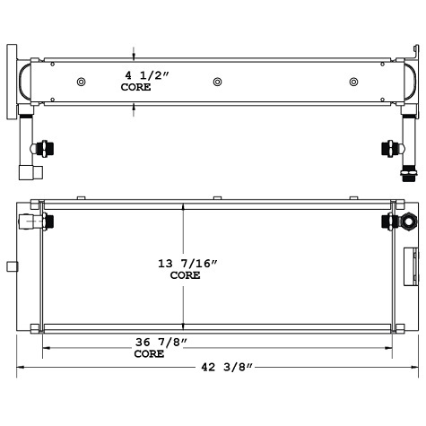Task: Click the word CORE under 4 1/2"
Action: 135,88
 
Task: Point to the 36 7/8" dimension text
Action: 156,342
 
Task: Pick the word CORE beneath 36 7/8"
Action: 149,354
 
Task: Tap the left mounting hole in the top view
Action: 82,82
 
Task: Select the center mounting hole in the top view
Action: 217,82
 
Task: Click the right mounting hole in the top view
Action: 351,82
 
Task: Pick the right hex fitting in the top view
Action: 390,147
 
